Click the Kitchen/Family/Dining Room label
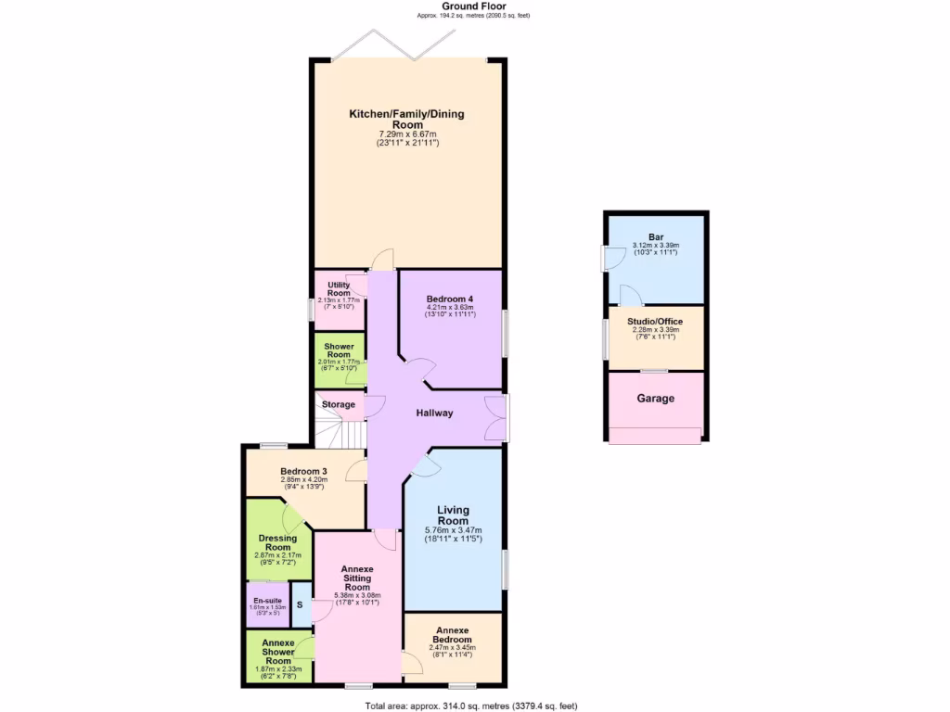pos(406,120)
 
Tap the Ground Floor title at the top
pos(474,6)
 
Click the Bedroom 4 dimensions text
pos(450,311)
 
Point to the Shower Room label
pos(339,350)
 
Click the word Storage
pos(338,405)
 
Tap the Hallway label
pos(434,413)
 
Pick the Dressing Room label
pos(277,542)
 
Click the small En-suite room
pos(266,604)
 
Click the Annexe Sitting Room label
pos(357,578)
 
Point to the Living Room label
pos(454,515)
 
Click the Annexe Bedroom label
pos(453,635)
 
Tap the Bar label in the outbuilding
pos(656,236)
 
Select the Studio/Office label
pos(654,321)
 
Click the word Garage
pos(655,399)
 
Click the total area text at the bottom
pos(474,706)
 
